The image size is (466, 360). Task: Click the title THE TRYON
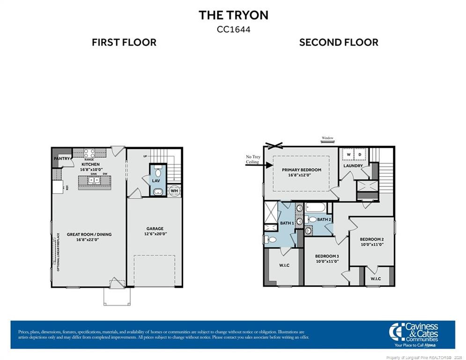233,15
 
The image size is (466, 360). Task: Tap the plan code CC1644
233,29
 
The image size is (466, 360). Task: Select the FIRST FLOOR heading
124,43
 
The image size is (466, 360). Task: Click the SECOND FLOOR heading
339,43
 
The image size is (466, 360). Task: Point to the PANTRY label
62,158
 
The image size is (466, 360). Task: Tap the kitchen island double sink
91,180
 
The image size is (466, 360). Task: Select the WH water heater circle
174,191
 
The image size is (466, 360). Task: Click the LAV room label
156,180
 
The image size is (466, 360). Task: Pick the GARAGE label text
155,229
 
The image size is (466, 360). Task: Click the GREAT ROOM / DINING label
89,234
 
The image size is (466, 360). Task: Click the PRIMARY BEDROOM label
301,170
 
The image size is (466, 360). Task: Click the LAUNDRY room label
353,166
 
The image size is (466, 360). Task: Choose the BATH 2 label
324,219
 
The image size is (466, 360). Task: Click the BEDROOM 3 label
326,256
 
